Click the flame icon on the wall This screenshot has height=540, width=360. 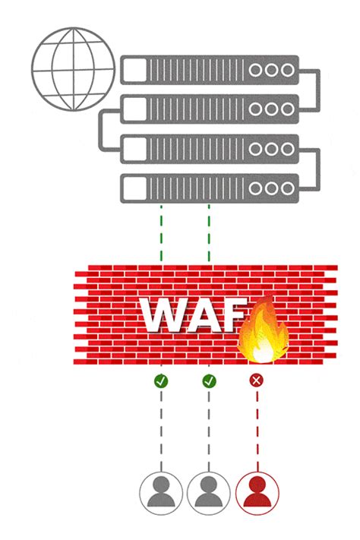(x=263, y=331)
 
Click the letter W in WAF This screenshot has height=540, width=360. (x=168, y=317)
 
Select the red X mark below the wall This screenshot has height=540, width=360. (x=257, y=380)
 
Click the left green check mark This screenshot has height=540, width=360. (x=160, y=380)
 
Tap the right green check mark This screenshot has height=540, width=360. (x=209, y=380)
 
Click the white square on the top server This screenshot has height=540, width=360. (x=134, y=69)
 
